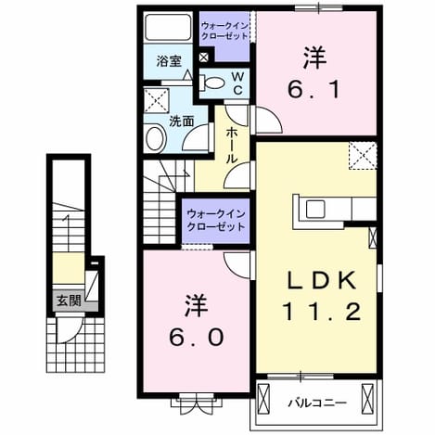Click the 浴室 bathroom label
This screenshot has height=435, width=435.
(169, 61)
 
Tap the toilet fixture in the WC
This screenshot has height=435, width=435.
(211, 83)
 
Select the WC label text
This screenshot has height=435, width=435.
(237, 83)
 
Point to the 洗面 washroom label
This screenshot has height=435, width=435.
(182, 121)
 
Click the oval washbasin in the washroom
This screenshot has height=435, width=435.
(156, 138)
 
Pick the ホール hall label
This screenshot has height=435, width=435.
(232, 146)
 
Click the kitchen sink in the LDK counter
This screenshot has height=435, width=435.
(315, 209)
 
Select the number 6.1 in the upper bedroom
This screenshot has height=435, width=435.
(313, 89)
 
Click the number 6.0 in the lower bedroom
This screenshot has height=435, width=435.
(197, 337)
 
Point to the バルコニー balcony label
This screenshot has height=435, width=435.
(317, 403)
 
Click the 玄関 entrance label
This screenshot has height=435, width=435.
(69, 301)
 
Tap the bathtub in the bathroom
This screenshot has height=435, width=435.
(168, 27)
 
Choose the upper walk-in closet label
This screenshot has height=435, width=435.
(224, 32)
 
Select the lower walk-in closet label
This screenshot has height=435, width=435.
(216, 221)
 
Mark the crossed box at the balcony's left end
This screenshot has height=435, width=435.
(263, 397)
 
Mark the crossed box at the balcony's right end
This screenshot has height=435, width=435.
(368, 397)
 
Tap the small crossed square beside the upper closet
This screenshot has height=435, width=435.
(204, 58)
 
